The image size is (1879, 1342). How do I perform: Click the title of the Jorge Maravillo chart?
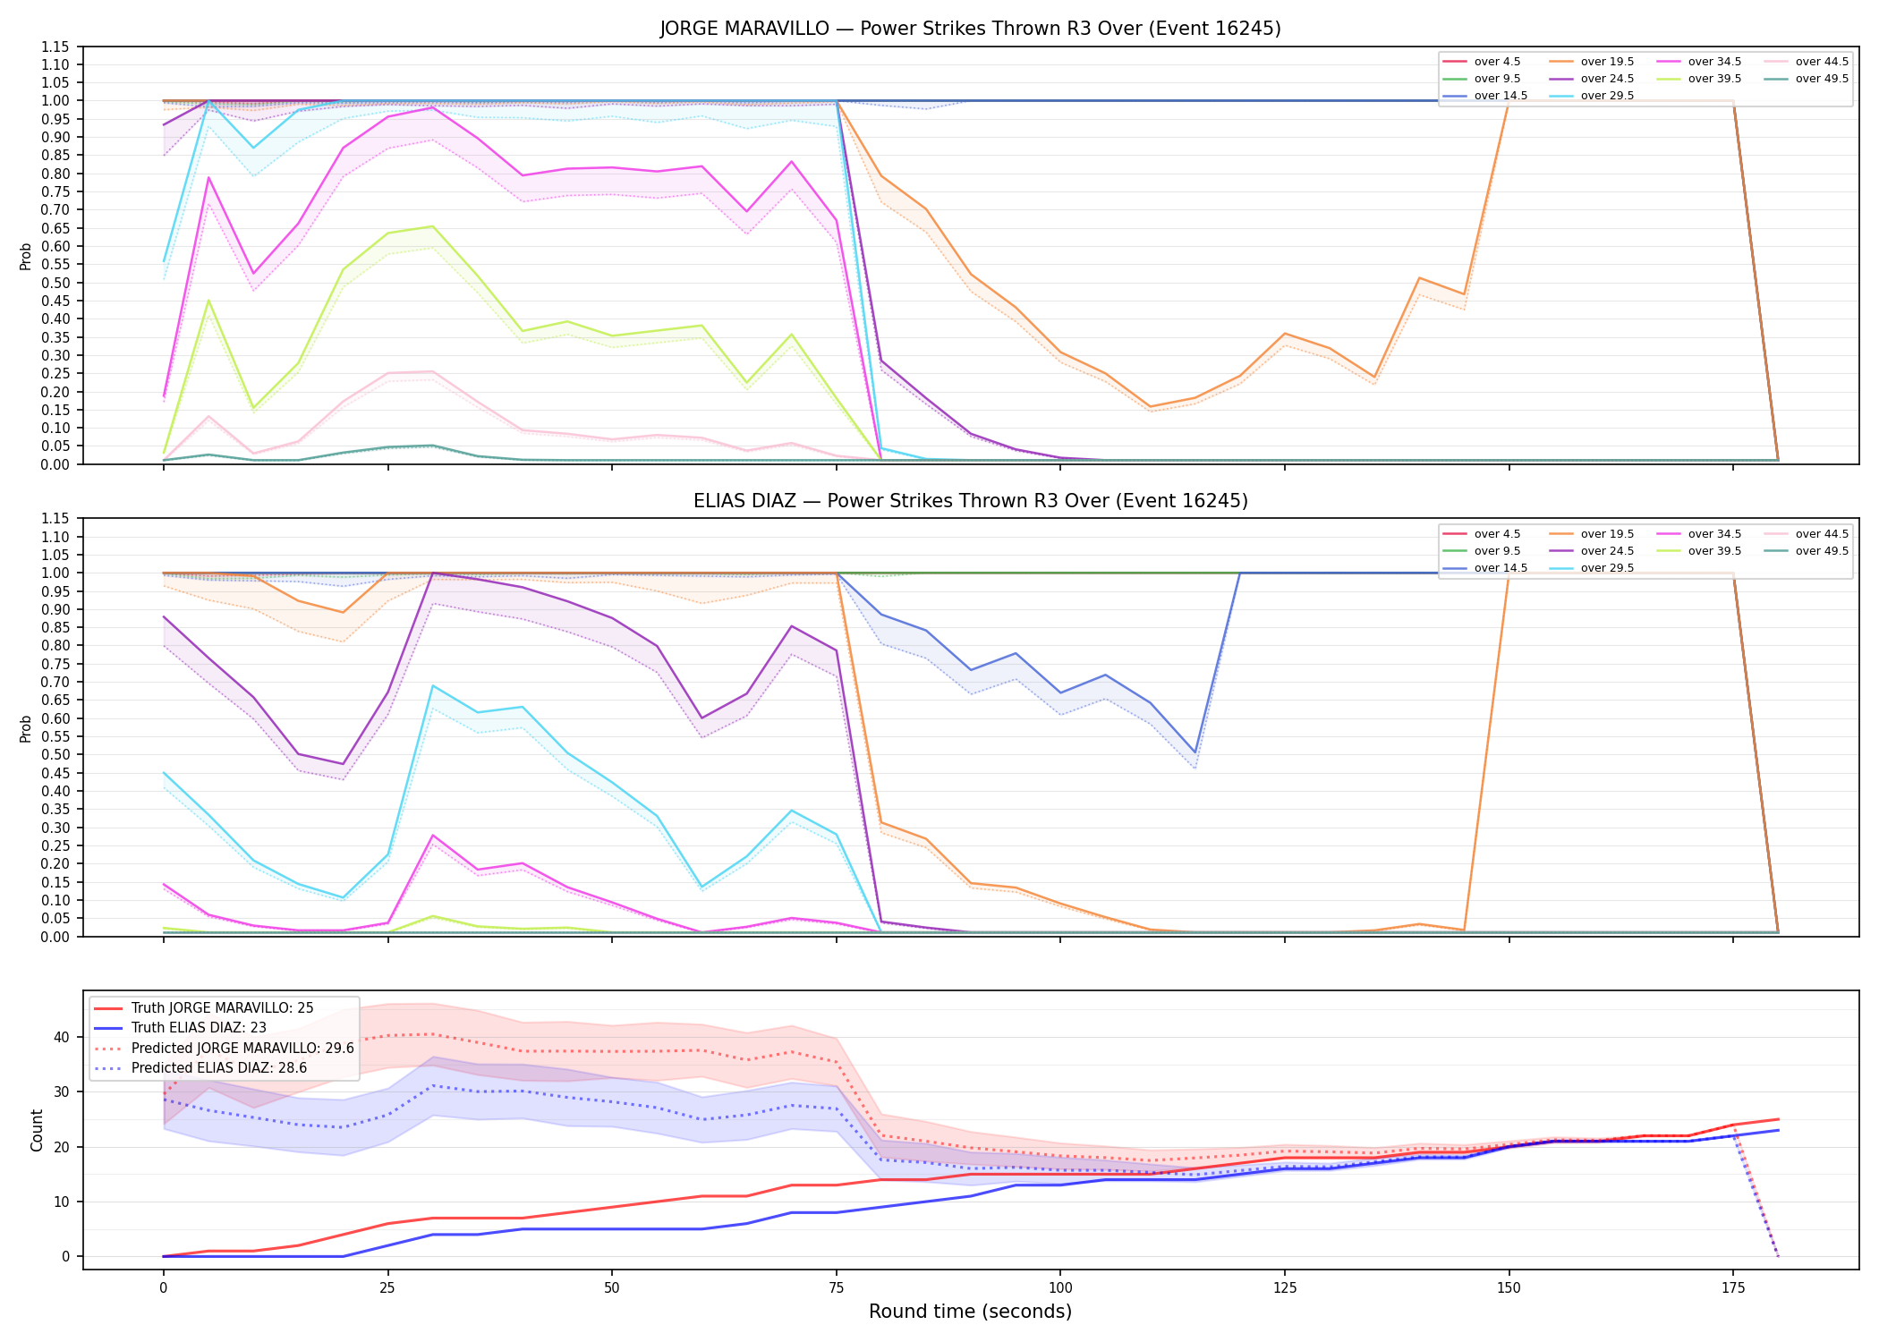tap(970, 29)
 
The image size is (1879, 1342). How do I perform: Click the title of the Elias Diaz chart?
tap(970, 501)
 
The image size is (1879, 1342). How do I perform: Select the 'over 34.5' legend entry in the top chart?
tap(1699, 62)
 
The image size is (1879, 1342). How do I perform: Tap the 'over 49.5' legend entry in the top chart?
tap(1807, 79)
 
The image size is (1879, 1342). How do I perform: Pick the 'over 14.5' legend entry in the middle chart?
tap(1485, 568)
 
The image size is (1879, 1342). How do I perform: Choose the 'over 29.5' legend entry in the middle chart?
tap(1592, 568)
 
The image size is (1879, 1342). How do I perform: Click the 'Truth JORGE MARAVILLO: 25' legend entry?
tap(204, 1008)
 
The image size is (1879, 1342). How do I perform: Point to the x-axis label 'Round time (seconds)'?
tap(970, 1312)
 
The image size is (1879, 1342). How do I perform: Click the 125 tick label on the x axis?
tap(1284, 1288)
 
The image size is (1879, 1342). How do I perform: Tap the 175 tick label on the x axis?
tap(1733, 1288)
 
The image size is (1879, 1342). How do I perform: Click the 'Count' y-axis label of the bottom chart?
tap(37, 1130)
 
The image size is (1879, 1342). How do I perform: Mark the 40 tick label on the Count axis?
tap(61, 1038)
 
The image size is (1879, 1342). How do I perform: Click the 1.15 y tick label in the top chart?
tap(55, 47)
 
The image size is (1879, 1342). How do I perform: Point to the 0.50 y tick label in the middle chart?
tap(55, 755)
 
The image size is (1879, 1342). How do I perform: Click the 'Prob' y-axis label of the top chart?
tap(26, 256)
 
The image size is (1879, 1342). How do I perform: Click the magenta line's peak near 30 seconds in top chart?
tap(432, 107)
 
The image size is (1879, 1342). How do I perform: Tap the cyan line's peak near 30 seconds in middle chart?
tap(433, 685)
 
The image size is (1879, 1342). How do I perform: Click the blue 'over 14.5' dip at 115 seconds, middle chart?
tap(1195, 752)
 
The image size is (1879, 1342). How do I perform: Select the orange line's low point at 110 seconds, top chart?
tap(1150, 407)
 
